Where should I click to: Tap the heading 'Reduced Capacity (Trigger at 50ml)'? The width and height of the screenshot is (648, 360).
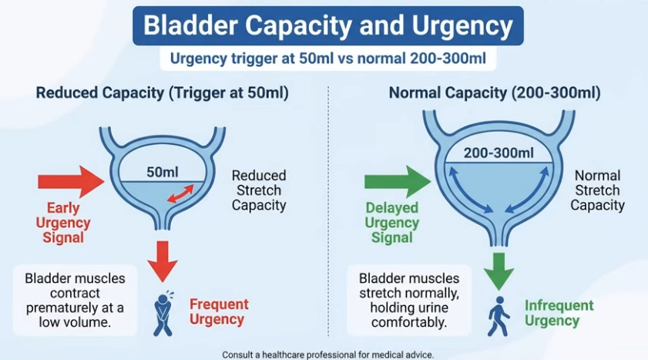(x=162, y=93)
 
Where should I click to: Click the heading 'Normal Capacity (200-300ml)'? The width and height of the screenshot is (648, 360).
(x=495, y=93)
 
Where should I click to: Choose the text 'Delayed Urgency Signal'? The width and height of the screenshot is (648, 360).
(x=392, y=223)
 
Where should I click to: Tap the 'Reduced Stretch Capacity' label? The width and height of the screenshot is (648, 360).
(x=259, y=190)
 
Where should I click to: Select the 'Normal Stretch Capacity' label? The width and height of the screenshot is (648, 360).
(x=598, y=190)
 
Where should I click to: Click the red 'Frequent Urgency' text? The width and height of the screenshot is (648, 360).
(x=219, y=311)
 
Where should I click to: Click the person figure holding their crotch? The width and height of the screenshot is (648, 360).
(x=163, y=312)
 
